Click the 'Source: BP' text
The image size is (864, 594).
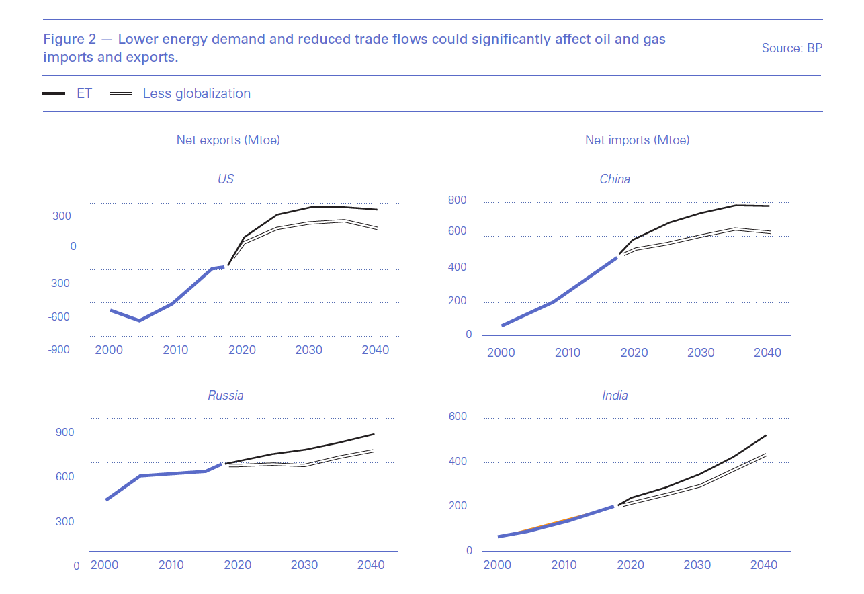coord(791,48)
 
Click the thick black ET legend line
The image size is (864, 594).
coord(54,93)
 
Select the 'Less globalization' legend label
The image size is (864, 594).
coord(196,93)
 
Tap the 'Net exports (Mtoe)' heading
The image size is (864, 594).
coord(228,140)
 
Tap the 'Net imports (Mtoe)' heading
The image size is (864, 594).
coord(637,140)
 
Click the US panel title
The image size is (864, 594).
coord(226,179)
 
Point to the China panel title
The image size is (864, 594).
coord(615,179)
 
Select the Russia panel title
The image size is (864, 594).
coord(225,396)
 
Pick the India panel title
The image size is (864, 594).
coord(615,396)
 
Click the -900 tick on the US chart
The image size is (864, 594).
coord(59,350)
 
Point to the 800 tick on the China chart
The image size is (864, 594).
coord(457,200)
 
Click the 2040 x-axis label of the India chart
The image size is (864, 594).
coord(763,565)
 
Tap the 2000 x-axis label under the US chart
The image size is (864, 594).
coord(109,350)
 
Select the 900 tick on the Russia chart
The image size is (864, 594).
coord(64,432)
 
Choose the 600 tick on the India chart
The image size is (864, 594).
coord(457,417)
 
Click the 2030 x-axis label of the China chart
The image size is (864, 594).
coord(701,353)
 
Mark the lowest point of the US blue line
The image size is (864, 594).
coord(139,321)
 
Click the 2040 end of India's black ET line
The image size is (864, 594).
coord(766,435)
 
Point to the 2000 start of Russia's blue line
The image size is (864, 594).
coord(106,500)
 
